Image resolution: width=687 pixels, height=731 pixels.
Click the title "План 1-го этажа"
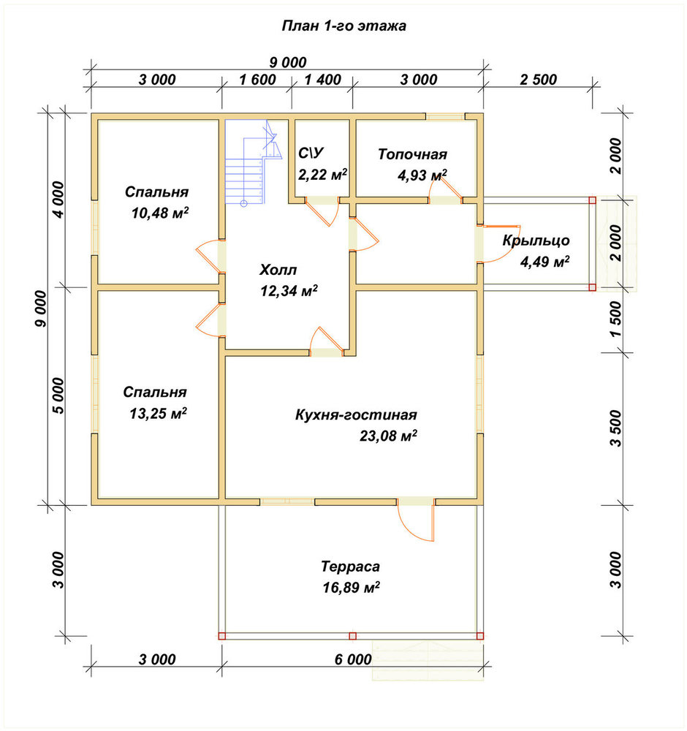343,26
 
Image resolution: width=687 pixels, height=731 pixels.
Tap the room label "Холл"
278,270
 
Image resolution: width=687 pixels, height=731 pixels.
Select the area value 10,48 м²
160,213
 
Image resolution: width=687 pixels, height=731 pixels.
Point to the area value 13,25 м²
159,413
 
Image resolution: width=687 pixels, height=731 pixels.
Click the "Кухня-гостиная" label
356,414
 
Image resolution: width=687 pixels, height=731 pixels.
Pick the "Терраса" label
350,567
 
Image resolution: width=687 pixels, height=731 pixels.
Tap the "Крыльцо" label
536,240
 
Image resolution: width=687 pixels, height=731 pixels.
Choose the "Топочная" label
412,154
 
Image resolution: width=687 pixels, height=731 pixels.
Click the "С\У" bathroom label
311,153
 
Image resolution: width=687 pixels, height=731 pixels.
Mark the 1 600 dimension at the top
257,79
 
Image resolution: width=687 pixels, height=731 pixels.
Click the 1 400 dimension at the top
322,79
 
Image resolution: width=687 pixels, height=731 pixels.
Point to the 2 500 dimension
539,79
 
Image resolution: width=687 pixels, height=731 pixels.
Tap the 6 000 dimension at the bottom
353,659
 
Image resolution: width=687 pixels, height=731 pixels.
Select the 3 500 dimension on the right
615,428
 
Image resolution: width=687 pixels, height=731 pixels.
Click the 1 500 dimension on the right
615,319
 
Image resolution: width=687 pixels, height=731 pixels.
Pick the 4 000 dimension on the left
60,200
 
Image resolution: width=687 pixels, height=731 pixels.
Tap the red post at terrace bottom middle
352,636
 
